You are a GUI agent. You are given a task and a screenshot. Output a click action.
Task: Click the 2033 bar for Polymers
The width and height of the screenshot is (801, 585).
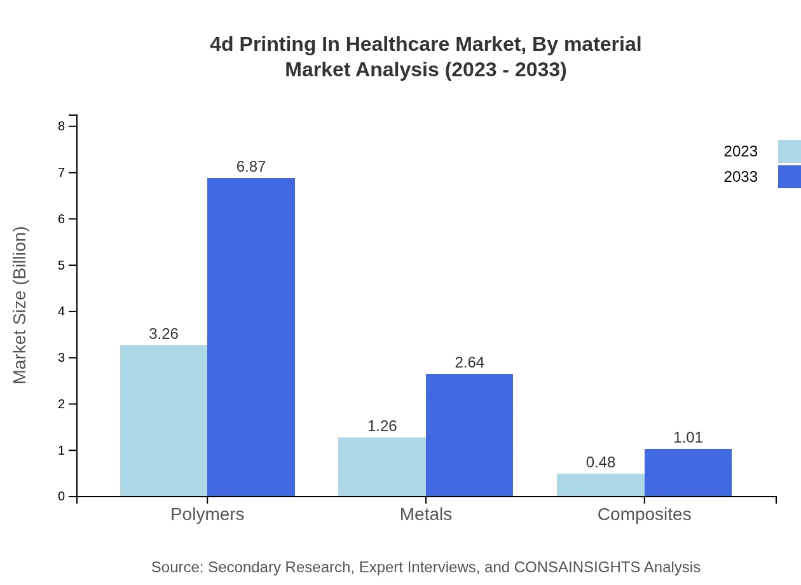(x=251, y=337)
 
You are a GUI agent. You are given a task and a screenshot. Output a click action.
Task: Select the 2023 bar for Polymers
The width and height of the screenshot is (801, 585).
(x=163, y=420)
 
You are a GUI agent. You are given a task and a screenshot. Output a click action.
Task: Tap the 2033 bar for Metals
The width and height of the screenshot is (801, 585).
(x=469, y=435)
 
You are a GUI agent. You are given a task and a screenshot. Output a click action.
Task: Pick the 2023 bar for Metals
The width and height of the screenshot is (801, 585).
(x=382, y=467)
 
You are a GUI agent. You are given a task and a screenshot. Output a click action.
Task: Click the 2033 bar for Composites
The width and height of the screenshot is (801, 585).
(x=688, y=472)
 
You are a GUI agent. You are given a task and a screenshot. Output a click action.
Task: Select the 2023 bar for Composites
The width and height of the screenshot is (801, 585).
(x=601, y=485)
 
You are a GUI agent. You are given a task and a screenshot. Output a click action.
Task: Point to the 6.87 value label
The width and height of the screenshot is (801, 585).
(x=251, y=167)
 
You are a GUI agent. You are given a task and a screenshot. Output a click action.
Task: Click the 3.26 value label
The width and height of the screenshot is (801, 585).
(x=163, y=334)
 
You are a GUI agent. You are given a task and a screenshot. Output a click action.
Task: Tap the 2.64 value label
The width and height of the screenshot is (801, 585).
(x=469, y=362)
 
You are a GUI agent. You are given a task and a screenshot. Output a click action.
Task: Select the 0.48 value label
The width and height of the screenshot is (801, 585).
(x=601, y=462)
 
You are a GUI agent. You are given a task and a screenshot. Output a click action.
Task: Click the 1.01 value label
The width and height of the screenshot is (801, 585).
(x=688, y=437)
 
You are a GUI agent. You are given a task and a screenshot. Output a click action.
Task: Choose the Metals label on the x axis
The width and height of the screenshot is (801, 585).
(x=426, y=514)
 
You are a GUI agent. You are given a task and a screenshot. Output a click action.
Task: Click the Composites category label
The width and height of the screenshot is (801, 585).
(x=644, y=514)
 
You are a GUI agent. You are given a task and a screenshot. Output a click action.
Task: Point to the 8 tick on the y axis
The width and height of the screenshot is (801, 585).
(x=62, y=127)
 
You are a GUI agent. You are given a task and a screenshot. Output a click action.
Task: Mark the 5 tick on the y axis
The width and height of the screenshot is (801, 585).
(x=62, y=265)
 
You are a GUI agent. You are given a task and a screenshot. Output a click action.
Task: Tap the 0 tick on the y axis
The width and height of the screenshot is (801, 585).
(x=62, y=497)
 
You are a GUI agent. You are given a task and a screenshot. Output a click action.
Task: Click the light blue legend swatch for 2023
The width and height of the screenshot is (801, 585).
(x=790, y=151)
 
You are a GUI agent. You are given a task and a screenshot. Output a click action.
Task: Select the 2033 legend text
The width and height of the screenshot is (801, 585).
(x=741, y=177)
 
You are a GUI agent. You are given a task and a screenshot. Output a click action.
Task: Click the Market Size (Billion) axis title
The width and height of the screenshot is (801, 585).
(x=20, y=305)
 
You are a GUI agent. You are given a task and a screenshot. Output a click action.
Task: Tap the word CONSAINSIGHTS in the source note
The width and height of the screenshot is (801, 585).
(x=577, y=567)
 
